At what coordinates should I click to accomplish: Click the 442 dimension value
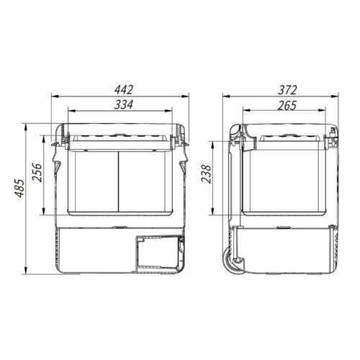123,90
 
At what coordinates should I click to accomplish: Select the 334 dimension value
123,105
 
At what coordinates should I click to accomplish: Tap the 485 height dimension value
19,188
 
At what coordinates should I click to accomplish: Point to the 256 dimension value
37,172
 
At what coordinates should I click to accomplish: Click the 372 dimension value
287,90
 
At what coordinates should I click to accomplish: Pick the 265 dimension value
287,106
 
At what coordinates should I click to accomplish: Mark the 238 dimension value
206,174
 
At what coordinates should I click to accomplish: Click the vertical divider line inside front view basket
119,181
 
